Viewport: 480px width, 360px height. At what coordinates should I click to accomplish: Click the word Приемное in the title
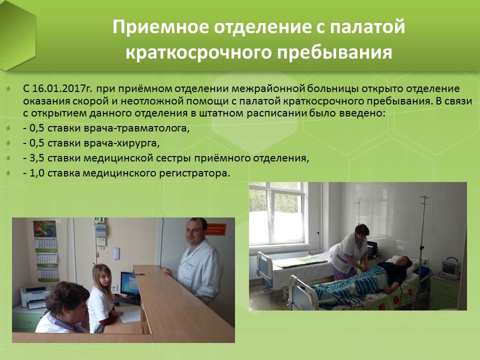coord(160,26)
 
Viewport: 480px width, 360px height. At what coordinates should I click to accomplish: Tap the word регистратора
coord(194,173)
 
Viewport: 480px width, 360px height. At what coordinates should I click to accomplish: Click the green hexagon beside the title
coord(18,35)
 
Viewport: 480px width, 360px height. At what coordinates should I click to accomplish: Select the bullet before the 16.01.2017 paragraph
coord(8,88)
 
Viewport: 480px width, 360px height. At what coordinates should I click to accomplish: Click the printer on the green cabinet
coord(35,296)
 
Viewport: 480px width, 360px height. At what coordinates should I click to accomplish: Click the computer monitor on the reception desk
coord(130,283)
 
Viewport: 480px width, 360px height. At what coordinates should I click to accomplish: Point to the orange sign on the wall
coord(216,229)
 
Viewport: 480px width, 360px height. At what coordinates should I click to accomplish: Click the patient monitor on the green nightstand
coord(450,268)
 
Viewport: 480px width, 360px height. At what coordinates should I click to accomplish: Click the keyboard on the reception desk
coord(127,300)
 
